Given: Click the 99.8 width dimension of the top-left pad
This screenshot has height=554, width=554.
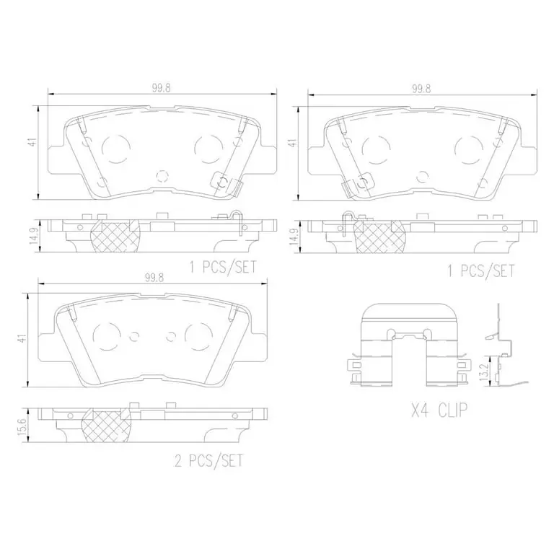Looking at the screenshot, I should click(162, 87).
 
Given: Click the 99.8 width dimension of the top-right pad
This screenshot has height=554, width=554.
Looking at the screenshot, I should click(421, 88).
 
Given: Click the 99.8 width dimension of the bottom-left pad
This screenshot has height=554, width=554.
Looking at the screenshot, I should click(151, 276).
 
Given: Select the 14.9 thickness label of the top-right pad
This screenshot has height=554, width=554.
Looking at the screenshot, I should click(293, 235).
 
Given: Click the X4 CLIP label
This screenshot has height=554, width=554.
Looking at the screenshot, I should click(439, 411).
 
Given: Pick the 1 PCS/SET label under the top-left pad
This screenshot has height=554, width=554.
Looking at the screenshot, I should click(222, 268).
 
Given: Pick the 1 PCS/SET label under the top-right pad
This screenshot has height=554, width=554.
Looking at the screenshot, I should click(481, 271).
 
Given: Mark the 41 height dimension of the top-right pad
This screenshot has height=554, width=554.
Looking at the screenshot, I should click(293, 143).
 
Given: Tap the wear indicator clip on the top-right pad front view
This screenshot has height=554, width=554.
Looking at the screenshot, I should click(349, 186).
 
